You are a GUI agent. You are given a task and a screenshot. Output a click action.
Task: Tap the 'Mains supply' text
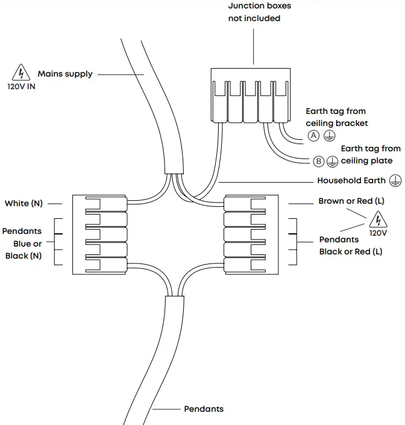[65, 74]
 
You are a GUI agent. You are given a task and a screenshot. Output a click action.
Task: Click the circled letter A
[313, 136]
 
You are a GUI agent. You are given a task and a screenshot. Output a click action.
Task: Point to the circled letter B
[319, 161]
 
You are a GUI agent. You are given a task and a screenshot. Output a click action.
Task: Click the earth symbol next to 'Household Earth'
[395, 180]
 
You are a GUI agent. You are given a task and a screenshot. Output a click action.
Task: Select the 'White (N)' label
[24, 203]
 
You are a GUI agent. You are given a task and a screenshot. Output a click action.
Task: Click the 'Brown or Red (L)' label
[351, 201]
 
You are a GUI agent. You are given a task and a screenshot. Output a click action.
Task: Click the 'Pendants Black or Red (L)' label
[351, 245]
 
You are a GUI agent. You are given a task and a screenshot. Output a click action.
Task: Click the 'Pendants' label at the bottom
[203, 409]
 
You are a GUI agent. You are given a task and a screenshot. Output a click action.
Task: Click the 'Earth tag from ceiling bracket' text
[336, 117]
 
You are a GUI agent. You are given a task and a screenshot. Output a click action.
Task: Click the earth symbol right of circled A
[328, 136]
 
